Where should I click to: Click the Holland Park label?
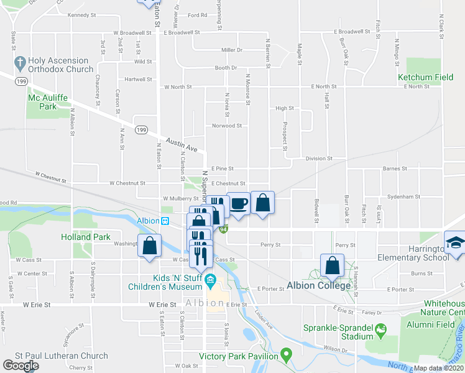point(85,237)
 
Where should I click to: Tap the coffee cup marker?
point(239,203)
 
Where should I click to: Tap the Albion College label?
point(318,286)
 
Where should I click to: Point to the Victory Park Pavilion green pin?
point(286,356)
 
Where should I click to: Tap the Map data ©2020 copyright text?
point(438,368)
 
